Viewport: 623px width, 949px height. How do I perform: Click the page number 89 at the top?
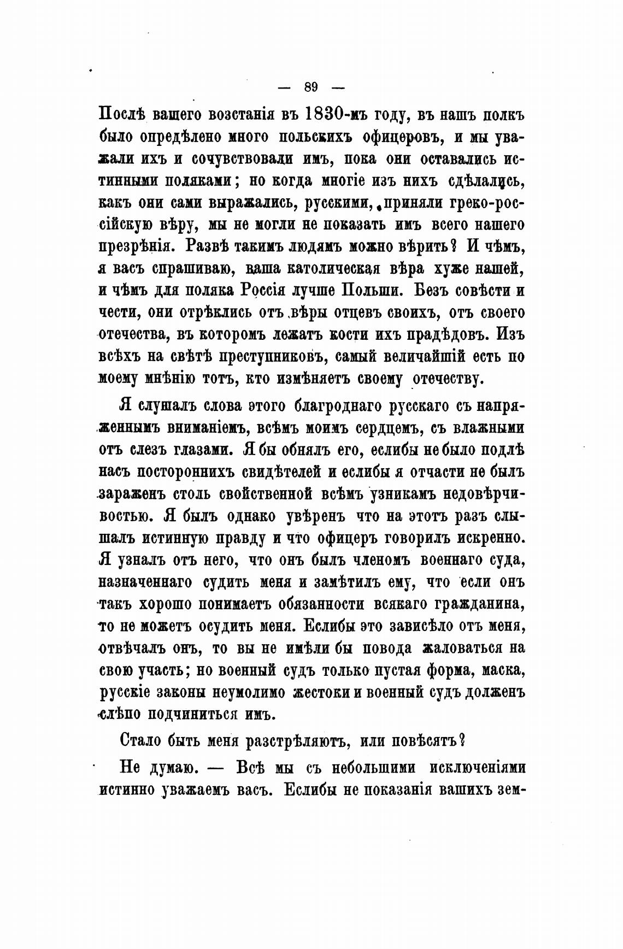pyautogui.click(x=311, y=87)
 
